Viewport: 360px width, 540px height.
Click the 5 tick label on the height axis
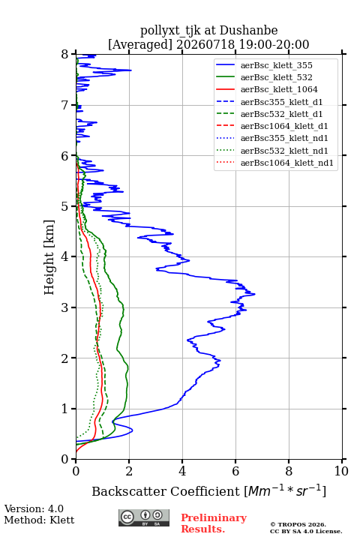pyautogui.click(x=65, y=206)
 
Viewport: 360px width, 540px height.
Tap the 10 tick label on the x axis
pyautogui.click(x=341, y=471)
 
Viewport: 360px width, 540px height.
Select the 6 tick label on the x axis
pyautogui.click(x=235, y=471)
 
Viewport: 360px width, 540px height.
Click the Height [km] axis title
pyautogui.click(x=49, y=257)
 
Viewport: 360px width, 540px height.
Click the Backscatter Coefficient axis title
pyautogui.click(x=208, y=490)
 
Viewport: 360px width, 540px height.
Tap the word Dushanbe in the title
pyautogui.click(x=248, y=31)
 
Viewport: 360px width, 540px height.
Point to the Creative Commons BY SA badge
pyautogui.click(x=144, y=517)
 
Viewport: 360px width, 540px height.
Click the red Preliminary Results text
pyautogui.click(x=214, y=523)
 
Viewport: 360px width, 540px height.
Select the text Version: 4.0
pyautogui.click(x=34, y=508)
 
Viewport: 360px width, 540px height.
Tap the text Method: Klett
pyautogui.click(x=39, y=520)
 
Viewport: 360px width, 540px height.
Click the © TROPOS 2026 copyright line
pyautogui.click(x=298, y=524)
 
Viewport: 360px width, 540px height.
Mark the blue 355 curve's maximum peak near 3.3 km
pyautogui.click(x=254, y=294)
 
